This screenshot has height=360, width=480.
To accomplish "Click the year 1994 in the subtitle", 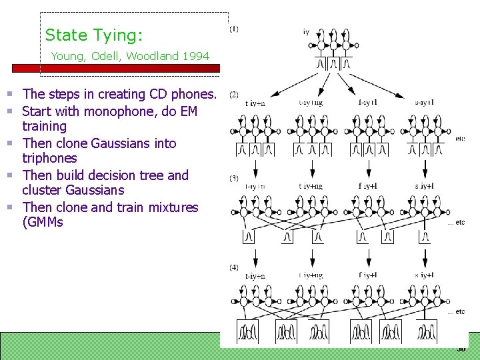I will [x=195, y=56].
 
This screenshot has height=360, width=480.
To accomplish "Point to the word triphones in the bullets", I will [x=49, y=158].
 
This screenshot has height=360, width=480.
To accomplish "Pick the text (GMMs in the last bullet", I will [x=43, y=222].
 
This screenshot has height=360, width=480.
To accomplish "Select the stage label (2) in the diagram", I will [x=234, y=94].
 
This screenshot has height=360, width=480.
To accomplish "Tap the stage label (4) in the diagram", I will [x=234, y=267].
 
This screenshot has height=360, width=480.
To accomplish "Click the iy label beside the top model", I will [x=306, y=31].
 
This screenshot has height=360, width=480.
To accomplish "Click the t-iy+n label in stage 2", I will [x=255, y=103].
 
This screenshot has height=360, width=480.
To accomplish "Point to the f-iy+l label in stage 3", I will [x=368, y=186].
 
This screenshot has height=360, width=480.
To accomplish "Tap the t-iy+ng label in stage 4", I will [x=311, y=275].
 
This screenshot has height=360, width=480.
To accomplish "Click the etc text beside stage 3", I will [x=456, y=223].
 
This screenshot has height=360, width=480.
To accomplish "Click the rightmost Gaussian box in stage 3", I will [x=424, y=236].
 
